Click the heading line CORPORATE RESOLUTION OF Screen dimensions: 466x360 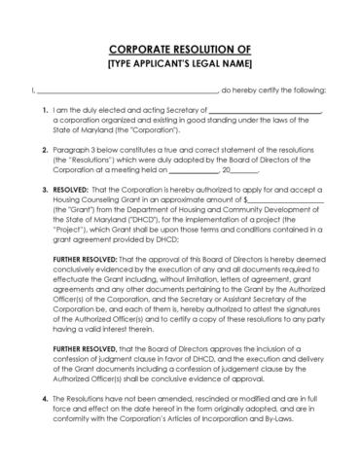point(180,49)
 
